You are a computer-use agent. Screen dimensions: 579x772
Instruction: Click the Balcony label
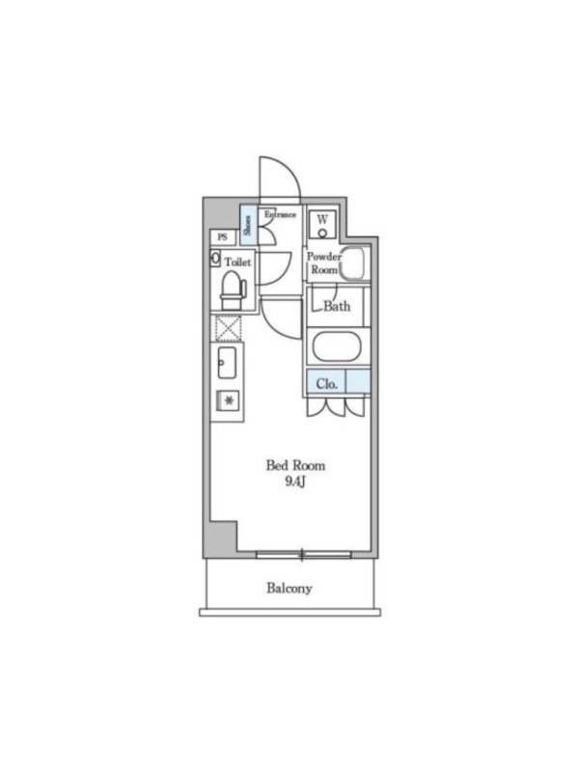[x=289, y=588]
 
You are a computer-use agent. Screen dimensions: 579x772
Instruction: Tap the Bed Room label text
[x=295, y=465]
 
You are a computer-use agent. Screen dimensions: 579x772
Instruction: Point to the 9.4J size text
[x=295, y=482]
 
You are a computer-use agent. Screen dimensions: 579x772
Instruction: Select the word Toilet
[x=237, y=262]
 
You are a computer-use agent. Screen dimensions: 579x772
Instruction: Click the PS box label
[x=223, y=237]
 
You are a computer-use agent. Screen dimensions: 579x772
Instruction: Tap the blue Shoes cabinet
[x=248, y=225]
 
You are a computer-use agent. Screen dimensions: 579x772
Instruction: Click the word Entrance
[x=280, y=214]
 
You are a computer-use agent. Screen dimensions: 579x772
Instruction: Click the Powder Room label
[x=324, y=263]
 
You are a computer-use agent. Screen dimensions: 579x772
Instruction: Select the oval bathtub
[x=337, y=347]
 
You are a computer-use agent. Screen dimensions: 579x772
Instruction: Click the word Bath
[x=337, y=306]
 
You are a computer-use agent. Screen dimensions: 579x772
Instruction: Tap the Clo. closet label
[x=327, y=383]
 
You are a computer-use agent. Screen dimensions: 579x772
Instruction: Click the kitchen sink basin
[x=227, y=363]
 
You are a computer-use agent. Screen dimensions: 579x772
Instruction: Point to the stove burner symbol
[x=229, y=400]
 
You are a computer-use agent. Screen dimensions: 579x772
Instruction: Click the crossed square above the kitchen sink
[x=229, y=328]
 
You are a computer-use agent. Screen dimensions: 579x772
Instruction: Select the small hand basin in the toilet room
[x=215, y=259]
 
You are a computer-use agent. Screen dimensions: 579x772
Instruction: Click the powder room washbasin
[x=355, y=263]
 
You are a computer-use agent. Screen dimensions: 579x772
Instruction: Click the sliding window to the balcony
[x=304, y=555]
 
